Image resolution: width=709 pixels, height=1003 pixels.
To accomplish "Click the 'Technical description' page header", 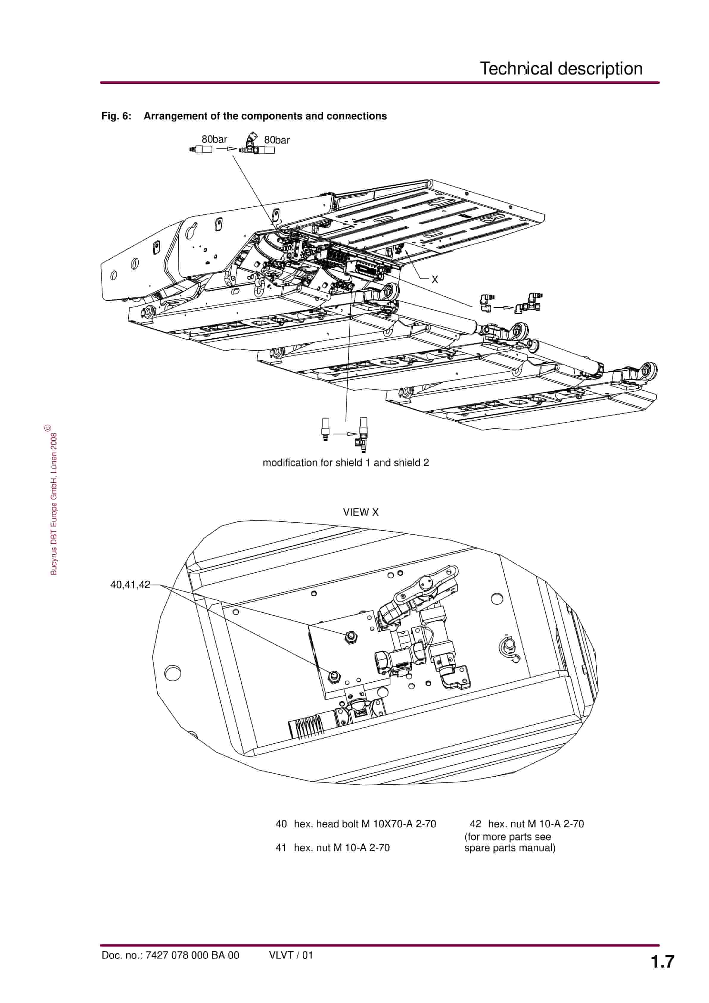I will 561,68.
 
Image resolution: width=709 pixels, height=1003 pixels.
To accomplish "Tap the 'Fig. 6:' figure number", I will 116,116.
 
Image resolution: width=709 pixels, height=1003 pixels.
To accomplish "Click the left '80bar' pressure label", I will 214,139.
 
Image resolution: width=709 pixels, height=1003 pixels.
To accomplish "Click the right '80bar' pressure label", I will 277,140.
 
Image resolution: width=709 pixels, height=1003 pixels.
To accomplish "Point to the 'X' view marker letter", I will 435,280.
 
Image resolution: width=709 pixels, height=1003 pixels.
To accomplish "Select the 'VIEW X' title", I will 361,513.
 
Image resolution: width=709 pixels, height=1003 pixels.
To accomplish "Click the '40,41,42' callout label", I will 130,585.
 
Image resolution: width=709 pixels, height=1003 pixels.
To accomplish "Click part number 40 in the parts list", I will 281,824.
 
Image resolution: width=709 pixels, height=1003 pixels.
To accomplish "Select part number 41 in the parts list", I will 281,848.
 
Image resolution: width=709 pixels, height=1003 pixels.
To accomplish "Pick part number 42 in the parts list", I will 475,824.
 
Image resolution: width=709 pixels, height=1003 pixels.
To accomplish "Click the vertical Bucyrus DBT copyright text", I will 53,502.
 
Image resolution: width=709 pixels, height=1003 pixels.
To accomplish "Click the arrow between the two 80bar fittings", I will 226,149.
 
